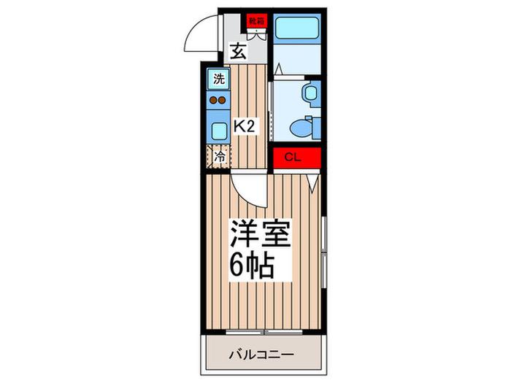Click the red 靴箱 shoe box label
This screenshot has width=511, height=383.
256,21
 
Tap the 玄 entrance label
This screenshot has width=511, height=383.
238,52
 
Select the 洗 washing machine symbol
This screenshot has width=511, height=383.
219,79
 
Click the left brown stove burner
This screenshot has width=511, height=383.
213,101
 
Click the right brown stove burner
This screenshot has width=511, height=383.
222,101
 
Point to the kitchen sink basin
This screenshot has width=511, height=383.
219,131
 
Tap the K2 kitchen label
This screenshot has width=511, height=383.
244,125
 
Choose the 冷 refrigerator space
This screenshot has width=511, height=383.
219,157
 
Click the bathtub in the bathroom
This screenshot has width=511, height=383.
296,28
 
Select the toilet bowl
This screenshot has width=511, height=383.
301,128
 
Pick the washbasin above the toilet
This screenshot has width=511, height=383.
311,93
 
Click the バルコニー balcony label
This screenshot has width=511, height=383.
261,354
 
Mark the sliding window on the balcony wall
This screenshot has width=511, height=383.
264,332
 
